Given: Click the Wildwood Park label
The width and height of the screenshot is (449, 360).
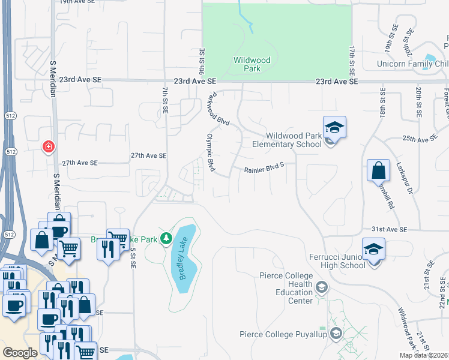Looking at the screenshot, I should [x=252, y=64].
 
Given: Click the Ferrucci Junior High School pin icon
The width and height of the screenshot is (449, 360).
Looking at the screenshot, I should [x=373, y=250].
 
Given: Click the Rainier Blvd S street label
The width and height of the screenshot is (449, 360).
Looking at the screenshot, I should [x=263, y=170].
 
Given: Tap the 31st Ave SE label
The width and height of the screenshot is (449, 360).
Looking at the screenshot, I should [x=389, y=229].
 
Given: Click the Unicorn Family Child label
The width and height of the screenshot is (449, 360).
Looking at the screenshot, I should [x=412, y=64].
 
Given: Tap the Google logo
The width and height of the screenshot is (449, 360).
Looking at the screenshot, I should [x=20, y=353].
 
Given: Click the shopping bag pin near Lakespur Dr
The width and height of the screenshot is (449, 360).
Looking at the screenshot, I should [x=379, y=171].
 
